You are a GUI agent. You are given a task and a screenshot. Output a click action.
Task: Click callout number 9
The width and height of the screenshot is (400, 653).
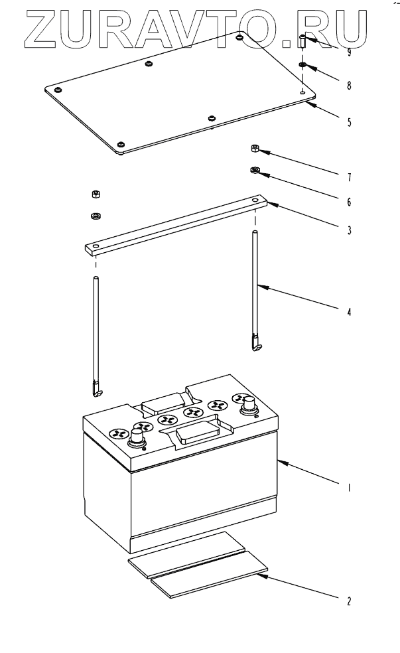pyautogui.click(x=349, y=52)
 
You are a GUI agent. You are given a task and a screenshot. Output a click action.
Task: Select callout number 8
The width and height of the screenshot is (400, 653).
pyautogui.click(x=349, y=86)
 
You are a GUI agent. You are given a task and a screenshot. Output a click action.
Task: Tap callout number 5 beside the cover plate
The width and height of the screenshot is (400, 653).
pyautogui.click(x=349, y=122)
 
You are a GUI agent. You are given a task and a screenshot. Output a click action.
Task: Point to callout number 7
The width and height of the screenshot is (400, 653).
pyautogui.click(x=349, y=177)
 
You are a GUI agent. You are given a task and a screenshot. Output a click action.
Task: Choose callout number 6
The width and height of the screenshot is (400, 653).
pyautogui.click(x=349, y=202)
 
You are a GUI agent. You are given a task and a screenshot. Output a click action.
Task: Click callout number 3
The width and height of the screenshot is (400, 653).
pyautogui.click(x=349, y=230)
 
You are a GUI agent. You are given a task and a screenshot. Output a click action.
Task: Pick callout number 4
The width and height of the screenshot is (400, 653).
pyautogui.click(x=349, y=311)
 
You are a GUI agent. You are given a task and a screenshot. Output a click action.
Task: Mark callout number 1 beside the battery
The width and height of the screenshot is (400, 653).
pyautogui.click(x=349, y=487)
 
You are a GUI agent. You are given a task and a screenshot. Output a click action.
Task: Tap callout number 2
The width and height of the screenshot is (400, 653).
pyautogui.click(x=349, y=601)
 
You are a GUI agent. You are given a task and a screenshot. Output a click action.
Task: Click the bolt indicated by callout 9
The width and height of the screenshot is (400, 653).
pyautogui.click(x=302, y=42)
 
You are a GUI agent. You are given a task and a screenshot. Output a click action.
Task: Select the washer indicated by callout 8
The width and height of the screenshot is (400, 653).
pyautogui.click(x=302, y=65)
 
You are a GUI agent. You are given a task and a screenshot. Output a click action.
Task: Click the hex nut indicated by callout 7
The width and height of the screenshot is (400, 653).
pyautogui.click(x=255, y=148)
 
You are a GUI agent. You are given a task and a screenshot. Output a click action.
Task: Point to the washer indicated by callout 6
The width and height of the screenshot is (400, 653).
pyautogui.click(x=255, y=170)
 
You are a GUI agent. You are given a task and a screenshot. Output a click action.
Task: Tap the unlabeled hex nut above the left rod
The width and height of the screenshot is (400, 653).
pyautogui.click(x=96, y=194)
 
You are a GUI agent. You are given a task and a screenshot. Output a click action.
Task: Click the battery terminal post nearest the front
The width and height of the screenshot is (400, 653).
pyautogui.click(x=137, y=437)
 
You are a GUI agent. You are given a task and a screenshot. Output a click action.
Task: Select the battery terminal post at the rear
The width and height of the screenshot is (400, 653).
pyautogui.click(x=249, y=405)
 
